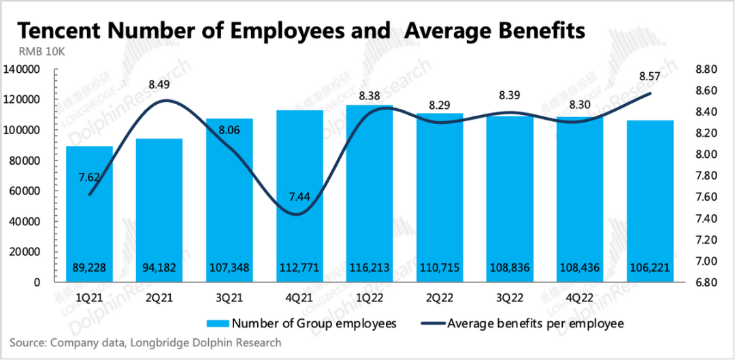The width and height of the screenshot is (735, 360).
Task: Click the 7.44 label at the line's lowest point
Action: (299, 197)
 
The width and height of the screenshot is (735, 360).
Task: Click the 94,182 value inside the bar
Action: (159, 268)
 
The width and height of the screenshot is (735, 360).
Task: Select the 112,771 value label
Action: (299, 268)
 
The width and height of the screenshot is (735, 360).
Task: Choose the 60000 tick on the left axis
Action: (25, 191)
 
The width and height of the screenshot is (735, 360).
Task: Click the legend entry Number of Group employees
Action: (299, 323)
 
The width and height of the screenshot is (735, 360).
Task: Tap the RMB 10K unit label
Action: (37, 52)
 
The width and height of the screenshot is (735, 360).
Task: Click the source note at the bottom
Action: (145, 343)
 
